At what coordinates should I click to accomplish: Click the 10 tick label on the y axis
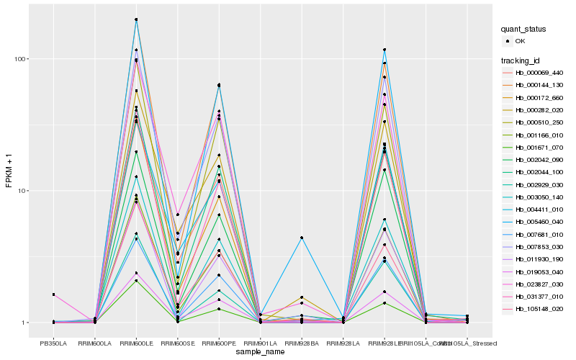point(22,191)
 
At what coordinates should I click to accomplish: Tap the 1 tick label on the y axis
point(24,323)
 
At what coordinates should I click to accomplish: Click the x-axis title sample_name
point(260,353)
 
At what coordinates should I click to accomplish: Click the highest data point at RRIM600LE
point(136,19)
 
